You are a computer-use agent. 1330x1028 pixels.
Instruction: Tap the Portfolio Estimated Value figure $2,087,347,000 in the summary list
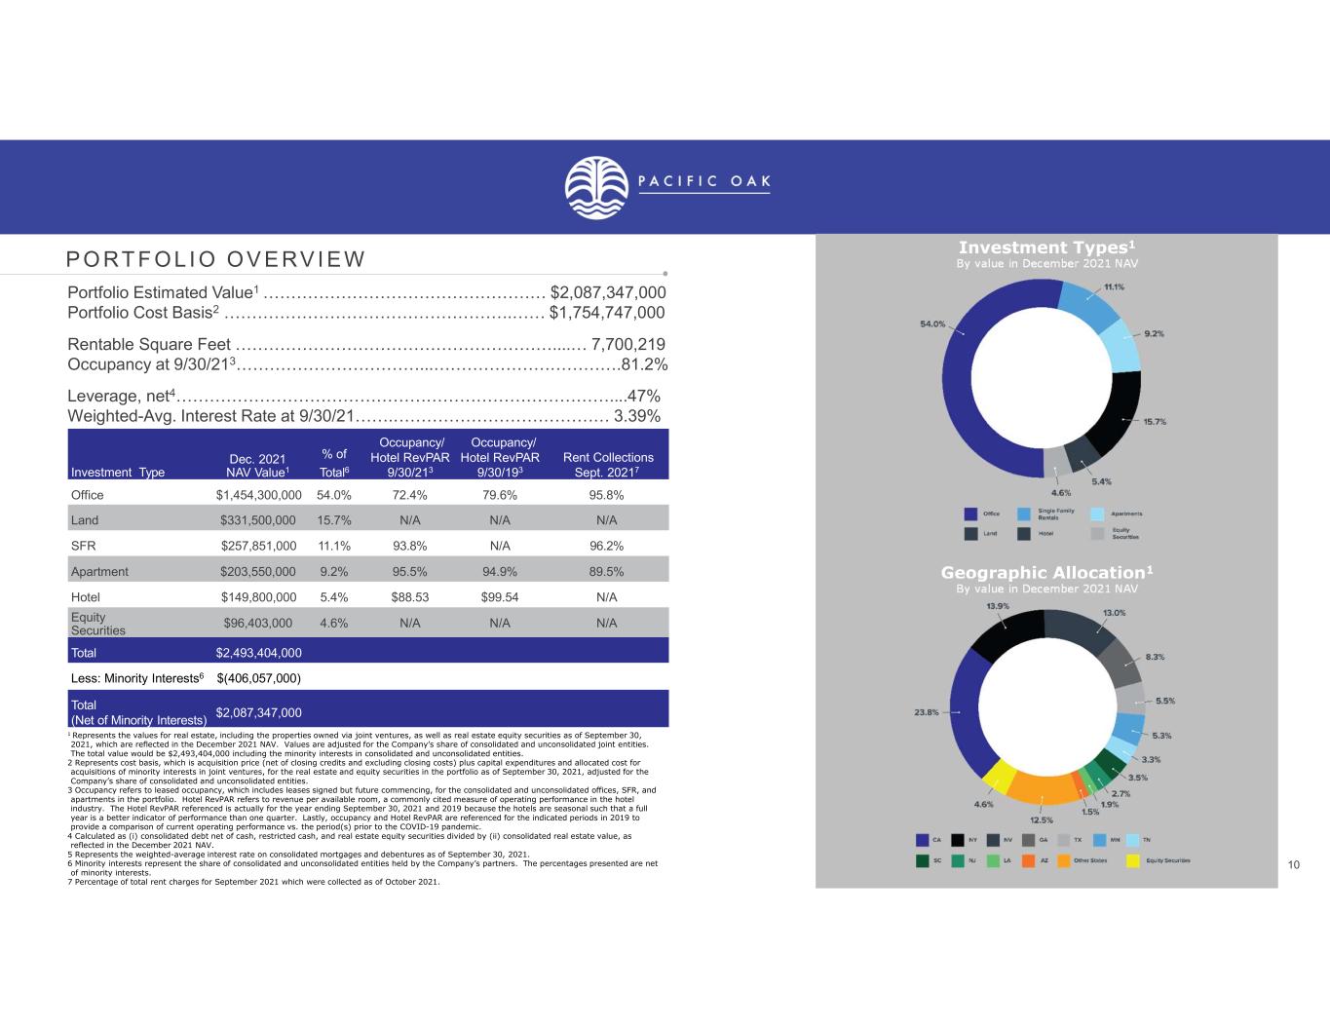tap(608, 292)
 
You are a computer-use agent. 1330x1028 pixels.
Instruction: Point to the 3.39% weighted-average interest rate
tap(637, 416)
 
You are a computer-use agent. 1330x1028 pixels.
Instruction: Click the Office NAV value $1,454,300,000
tap(258, 495)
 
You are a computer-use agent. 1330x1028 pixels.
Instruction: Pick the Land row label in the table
tap(85, 520)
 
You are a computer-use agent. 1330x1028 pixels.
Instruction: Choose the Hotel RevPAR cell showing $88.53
tap(409, 597)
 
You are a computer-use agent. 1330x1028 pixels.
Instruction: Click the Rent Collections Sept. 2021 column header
tap(608, 464)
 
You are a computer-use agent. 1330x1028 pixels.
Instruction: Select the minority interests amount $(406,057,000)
tap(258, 678)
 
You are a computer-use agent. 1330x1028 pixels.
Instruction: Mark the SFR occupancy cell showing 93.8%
tap(409, 546)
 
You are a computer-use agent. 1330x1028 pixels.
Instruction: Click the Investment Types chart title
tap(1046, 247)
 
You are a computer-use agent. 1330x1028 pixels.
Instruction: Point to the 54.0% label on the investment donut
tap(932, 324)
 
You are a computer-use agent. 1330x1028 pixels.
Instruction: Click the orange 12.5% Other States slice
tap(1042, 786)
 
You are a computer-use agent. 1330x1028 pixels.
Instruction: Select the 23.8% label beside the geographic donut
tap(926, 712)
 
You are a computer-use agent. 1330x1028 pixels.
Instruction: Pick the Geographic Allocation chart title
tap(1046, 572)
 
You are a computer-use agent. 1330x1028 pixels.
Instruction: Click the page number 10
tap(1293, 865)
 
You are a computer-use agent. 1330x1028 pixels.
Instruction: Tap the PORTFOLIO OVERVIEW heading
tap(215, 259)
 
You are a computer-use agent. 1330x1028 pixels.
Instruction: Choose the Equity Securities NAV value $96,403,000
tap(258, 623)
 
